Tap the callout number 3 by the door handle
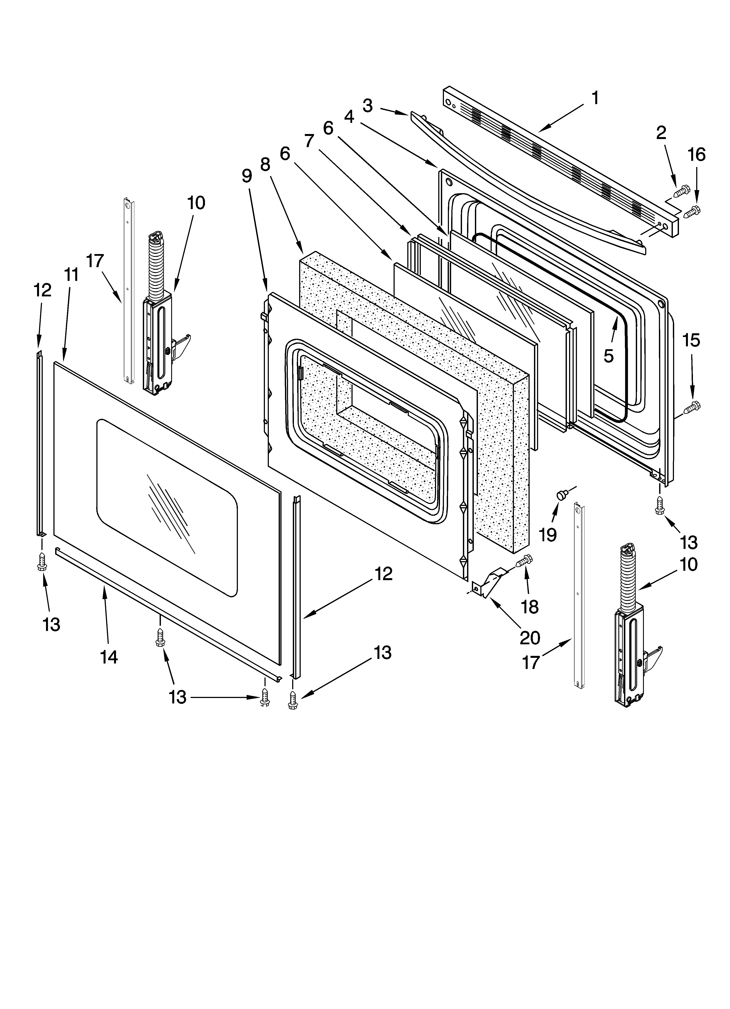coord(367,106)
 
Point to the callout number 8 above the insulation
coord(265,165)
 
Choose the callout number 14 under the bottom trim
coord(109,657)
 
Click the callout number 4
coord(349,117)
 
